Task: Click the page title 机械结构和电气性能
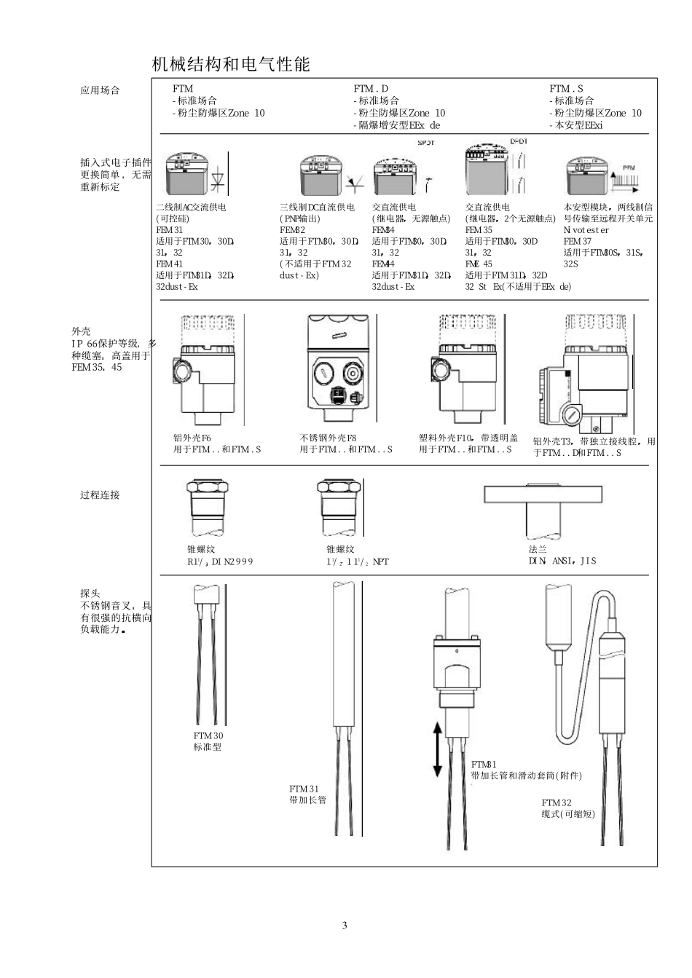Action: click(231, 65)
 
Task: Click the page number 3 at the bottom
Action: click(345, 926)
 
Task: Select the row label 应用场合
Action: click(100, 90)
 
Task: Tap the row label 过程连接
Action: click(100, 495)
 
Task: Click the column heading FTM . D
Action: click(371, 89)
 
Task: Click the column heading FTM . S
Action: click(566, 89)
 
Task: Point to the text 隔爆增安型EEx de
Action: click(398, 125)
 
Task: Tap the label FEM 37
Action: click(577, 241)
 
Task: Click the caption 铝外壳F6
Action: click(192, 438)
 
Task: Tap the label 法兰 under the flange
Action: click(538, 550)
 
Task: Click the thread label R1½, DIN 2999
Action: click(220, 561)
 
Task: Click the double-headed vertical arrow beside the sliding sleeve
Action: click(437, 749)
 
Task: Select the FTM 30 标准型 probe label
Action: click(208, 741)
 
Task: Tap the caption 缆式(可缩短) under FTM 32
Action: click(567, 814)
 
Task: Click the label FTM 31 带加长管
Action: click(307, 794)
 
